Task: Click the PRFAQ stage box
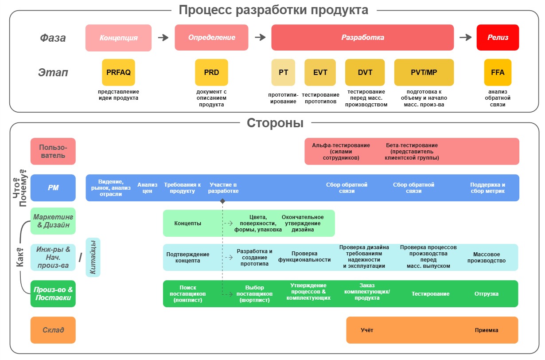(x=118, y=72)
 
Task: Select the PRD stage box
(x=211, y=72)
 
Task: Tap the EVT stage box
(x=320, y=72)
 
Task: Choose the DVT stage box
(x=365, y=72)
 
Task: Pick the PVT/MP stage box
(x=424, y=72)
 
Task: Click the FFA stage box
(x=498, y=72)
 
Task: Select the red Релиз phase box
(x=498, y=38)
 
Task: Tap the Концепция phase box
(x=118, y=38)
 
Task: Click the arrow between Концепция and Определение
(x=163, y=38)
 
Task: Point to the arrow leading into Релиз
(x=465, y=38)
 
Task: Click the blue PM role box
(x=53, y=188)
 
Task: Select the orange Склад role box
(x=53, y=330)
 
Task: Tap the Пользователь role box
(x=53, y=151)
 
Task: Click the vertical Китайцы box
(x=93, y=257)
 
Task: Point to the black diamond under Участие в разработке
(x=222, y=201)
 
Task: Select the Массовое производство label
(x=487, y=258)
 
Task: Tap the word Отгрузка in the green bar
(x=487, y=294)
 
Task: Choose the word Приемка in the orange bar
(x=487, y=330)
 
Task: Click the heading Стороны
(x=275, y=123)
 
